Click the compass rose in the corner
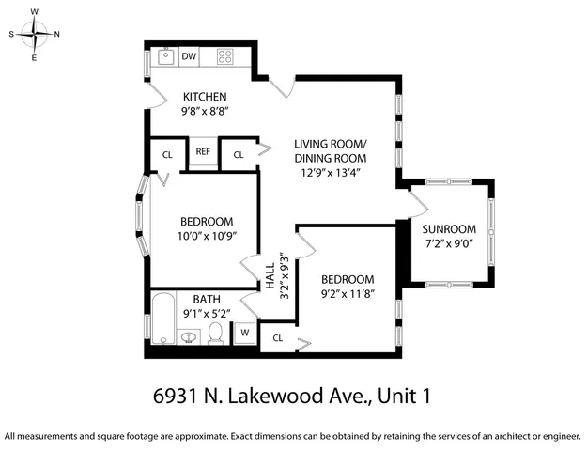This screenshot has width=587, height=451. (35, 35)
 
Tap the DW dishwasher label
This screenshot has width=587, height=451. (189, 55)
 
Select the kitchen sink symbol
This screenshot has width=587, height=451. (164, 55)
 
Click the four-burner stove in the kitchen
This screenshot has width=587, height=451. (225, 55)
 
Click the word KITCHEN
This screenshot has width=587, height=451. (206, 97)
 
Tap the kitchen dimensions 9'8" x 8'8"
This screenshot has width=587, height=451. (206, 111)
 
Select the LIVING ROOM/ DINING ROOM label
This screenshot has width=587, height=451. (330, 150)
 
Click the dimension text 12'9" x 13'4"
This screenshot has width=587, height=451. (330, 173)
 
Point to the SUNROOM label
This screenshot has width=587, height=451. (448, 229)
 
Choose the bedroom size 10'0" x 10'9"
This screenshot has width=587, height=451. (205, 237)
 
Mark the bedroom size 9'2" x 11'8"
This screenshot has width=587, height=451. (348, 294)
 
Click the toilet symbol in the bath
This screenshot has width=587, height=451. (215, 333)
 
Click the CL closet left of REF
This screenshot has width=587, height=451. (167, 154)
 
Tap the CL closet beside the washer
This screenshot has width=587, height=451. (278, 337)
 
